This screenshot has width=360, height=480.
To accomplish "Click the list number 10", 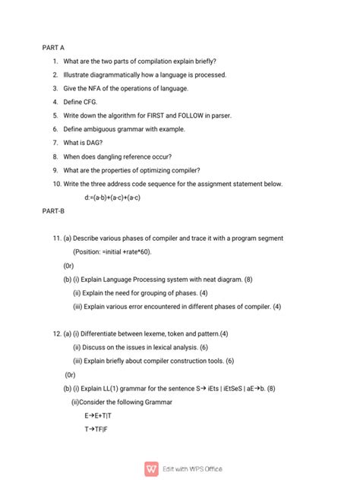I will click(x=57, y=184).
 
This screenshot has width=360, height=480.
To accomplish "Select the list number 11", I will click(x=57, y=238).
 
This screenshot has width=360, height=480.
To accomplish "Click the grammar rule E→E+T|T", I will click(x=97, y=416).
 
